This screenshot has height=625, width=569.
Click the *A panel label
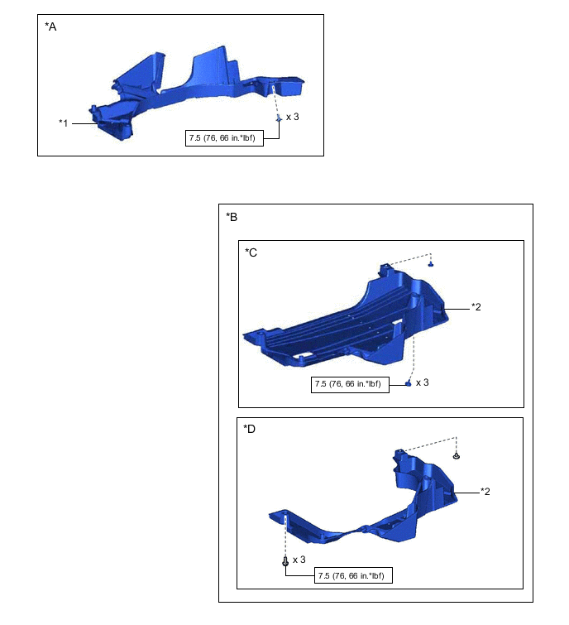click(50, 26)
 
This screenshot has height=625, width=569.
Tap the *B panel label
click(232, 217)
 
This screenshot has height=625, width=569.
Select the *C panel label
click(251, 252)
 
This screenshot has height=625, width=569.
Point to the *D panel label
click(249, 429)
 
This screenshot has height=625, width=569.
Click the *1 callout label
click(64, 123)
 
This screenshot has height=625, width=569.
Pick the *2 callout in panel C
click(476, 307)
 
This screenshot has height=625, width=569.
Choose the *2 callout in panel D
click(485, 492)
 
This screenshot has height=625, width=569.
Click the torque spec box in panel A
click(224, 138)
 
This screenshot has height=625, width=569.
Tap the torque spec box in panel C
click(350, 384)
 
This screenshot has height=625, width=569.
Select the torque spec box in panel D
click(353, 575)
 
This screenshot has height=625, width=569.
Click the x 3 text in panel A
click(292, 117)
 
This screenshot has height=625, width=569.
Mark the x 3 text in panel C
click(423, 382)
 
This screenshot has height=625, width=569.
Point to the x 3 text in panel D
click(299, 560)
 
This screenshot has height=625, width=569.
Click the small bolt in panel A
click(279, 118)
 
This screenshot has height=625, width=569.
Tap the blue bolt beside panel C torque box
click(408, 383)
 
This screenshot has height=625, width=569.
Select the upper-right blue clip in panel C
click(430, 264)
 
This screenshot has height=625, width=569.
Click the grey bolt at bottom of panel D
click(285, 560)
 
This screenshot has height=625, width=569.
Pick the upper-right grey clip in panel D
click(457, 455)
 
